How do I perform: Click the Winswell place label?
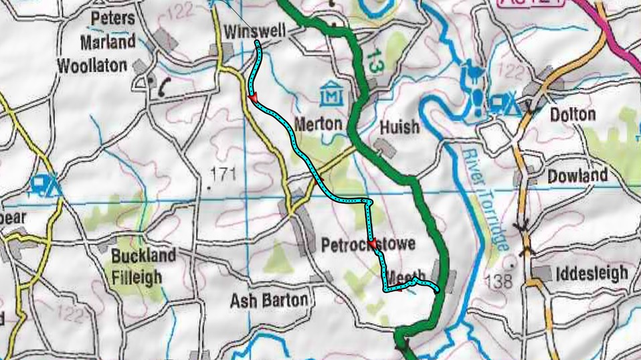pos(254,31)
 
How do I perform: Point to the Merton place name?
pos(318,124)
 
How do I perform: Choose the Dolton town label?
pos(572,114)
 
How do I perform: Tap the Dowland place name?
pos(577,176)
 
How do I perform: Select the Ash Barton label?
pos(269,300)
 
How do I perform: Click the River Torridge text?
pos(483,199)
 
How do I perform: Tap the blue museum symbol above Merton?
pos(332,94)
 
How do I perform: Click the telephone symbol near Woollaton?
pos(161,86)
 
